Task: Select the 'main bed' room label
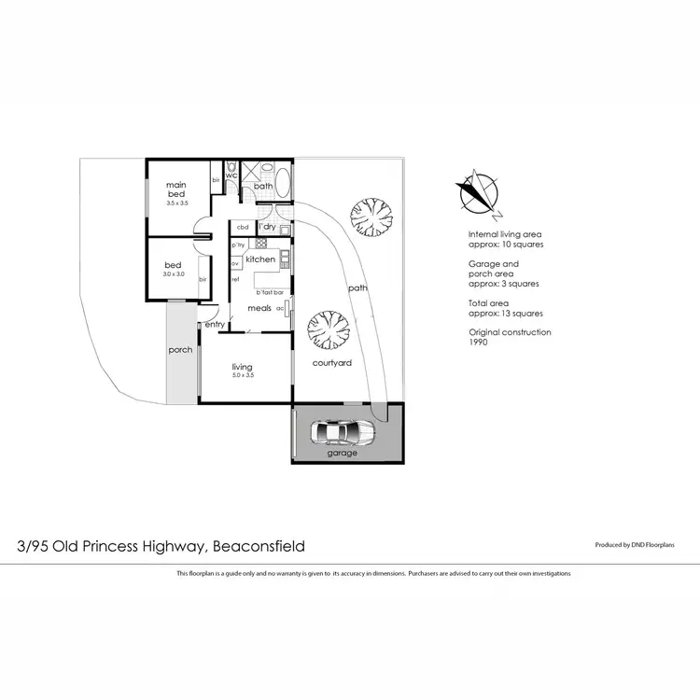click(177, 189)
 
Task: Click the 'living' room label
click(243, 367)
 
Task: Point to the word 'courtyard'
click(331, 363)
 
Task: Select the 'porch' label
click(180, 350)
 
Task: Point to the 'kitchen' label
click(260, 259)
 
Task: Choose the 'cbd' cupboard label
click(242, 227)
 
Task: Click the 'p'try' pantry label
click(238, 245)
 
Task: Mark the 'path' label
click(357, 288)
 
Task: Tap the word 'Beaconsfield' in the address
click(259, 546)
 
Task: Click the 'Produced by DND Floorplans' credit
click(639, 544)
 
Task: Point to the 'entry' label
click(215, 324)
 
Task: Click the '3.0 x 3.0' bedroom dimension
click(175, 274)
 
